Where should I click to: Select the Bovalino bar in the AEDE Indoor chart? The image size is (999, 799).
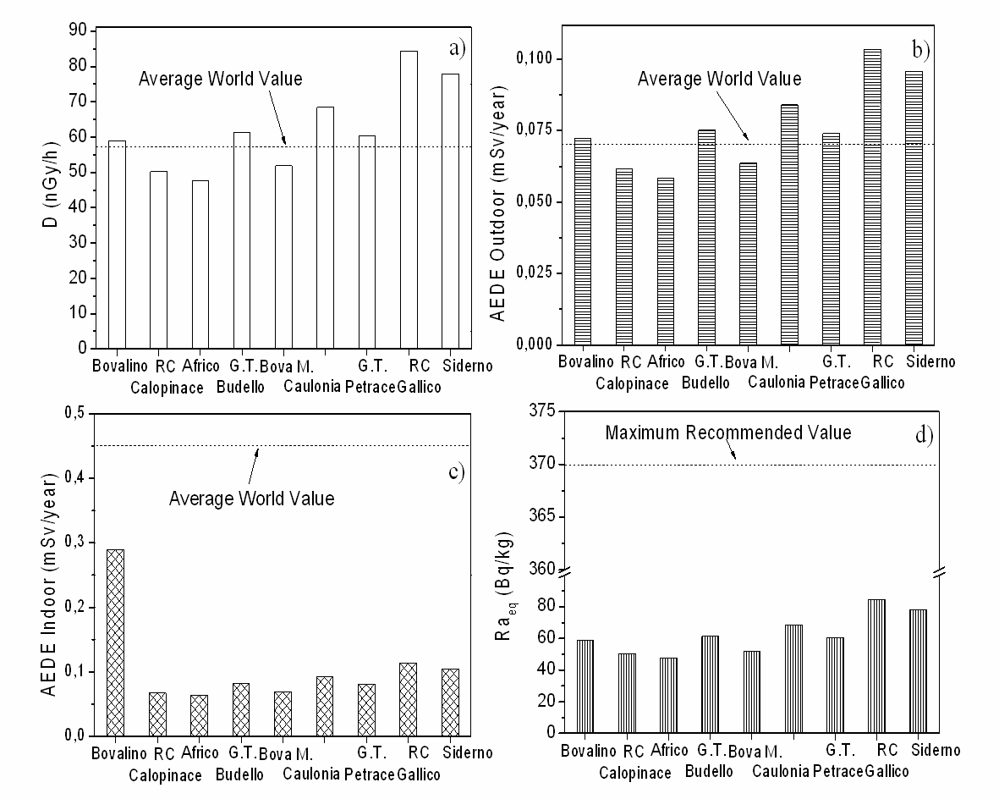(x=116, y=642)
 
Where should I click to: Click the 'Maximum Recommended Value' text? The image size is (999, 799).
(x=728, y=433)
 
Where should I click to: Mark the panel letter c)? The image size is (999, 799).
(x=456, y=471)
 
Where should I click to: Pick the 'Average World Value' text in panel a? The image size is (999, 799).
(x=220, y=79)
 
